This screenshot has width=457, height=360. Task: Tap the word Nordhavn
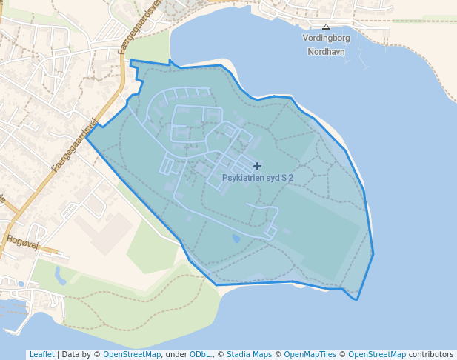(x=326, y=52)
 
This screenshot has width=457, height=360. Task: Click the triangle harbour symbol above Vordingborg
(x=326, y=26)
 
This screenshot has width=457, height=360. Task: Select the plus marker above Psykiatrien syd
(x=257, y=166)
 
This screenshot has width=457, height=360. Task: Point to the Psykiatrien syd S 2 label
(x=258, y=178)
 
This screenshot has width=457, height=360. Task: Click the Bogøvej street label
(x=21, y=240)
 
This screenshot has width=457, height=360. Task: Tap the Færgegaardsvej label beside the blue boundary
(x=75, y=146)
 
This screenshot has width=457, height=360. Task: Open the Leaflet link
(x=41, y=354)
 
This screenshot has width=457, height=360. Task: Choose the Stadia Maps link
(x=249, y=354)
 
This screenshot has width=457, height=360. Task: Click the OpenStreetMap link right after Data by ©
(x=131, y=354)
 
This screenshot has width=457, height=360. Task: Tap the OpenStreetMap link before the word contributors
(x=377, y=354)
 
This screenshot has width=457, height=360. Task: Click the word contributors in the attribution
(x=431, y=354)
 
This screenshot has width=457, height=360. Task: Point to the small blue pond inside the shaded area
(x=236, y=239)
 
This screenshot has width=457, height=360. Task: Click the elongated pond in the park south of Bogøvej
(x=59, y=276)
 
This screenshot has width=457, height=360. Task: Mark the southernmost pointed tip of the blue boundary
(x=357, y=300)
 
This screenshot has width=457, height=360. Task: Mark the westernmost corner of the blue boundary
(x=86, y=137)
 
